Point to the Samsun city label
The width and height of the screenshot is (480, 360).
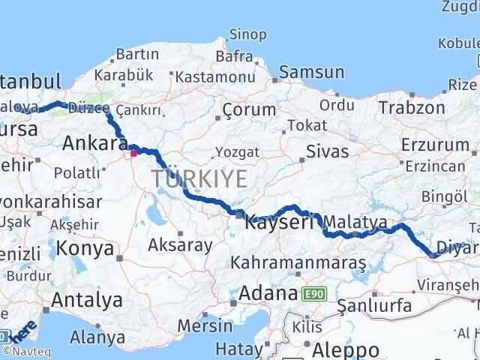pos(311,73)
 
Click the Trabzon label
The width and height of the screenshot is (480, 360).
pos(412,107)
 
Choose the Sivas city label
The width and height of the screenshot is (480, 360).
pos(327,151)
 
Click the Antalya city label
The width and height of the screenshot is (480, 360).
pos(87,300)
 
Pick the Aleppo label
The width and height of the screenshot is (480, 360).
pos(347,349)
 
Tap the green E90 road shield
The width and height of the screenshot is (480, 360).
pos(314,294)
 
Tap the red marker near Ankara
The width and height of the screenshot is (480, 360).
pos(134,153)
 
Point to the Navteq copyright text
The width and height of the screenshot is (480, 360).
pos(31,351)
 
